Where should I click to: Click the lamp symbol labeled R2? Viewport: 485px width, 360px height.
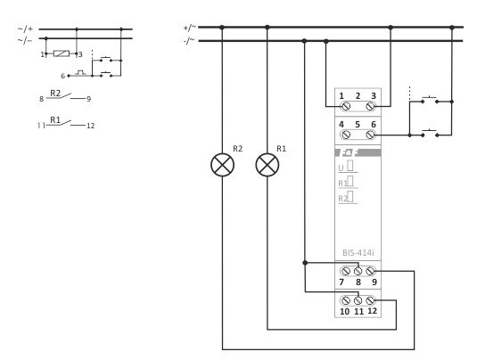click(x=222, y=166)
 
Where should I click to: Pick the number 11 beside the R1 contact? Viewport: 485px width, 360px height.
click(x=41, y=126)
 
